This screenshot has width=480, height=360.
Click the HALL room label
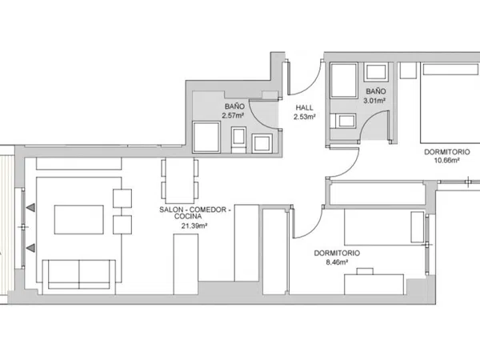(x=304, y=108)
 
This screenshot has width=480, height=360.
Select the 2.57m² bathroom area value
(x=233, y=115)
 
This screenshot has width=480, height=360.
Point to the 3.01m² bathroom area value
(x=374, y=100)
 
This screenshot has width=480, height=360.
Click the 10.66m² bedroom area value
(x=447, y=160)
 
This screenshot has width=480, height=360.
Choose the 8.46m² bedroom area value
(x=337, y=262)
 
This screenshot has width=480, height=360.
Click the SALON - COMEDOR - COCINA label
(x=193, y=213)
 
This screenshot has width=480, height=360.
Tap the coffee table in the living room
(x=79, y=220)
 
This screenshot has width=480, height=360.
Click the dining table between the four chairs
(x=180, y=181)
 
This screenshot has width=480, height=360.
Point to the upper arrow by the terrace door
(x=30, y=208)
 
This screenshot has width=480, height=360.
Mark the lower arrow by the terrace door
(x=30, y=248)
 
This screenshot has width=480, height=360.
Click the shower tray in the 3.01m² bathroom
(x=344, y=81)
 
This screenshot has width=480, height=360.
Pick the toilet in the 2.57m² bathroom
(x=238, y=140)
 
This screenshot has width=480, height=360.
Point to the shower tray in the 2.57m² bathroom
(x=206, y=137)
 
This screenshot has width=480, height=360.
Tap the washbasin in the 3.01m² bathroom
(x=376, y=72)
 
